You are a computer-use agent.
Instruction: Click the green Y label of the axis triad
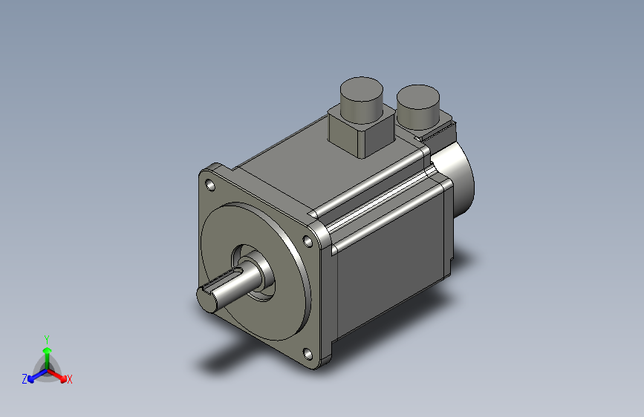coord(47,338)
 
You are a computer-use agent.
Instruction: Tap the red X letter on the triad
coord(70,380)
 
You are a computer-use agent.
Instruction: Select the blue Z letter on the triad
coord(25,378)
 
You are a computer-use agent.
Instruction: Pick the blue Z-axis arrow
coord(33,375)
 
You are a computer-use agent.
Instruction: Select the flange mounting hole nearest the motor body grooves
coord(308,240)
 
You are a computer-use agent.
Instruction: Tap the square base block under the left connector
coord(360,134)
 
